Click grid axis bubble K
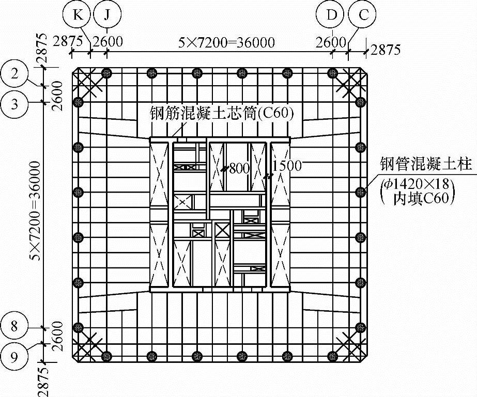(78, 14)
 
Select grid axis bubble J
(107, 14)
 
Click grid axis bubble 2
(15, 73)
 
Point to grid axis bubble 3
(15, 103)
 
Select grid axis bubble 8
(15, 326)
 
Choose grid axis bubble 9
(15, 356)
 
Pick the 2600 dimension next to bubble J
(108, 41)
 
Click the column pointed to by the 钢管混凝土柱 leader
(361, 192)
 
